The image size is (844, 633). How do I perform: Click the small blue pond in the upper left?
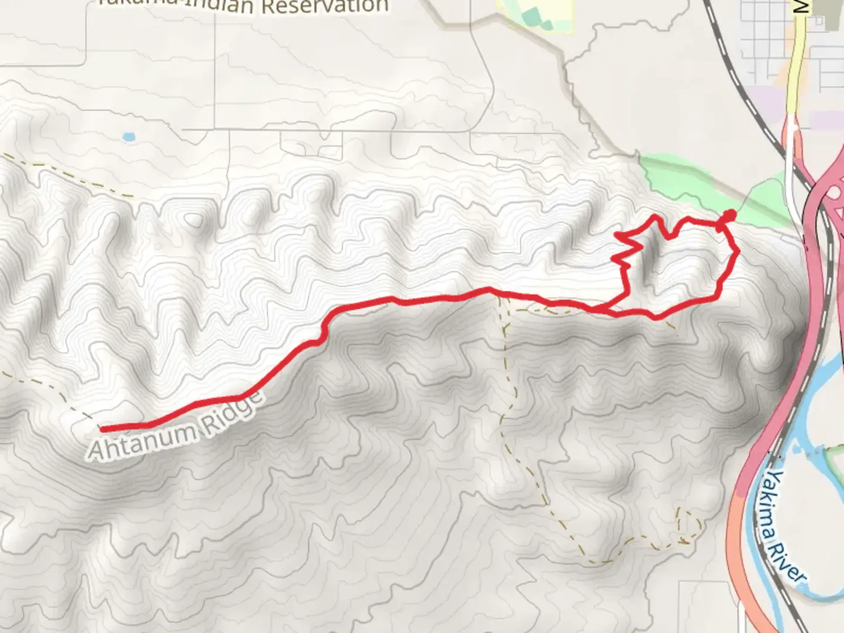click(128, 138)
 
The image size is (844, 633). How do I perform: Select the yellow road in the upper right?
click(795, 70)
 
